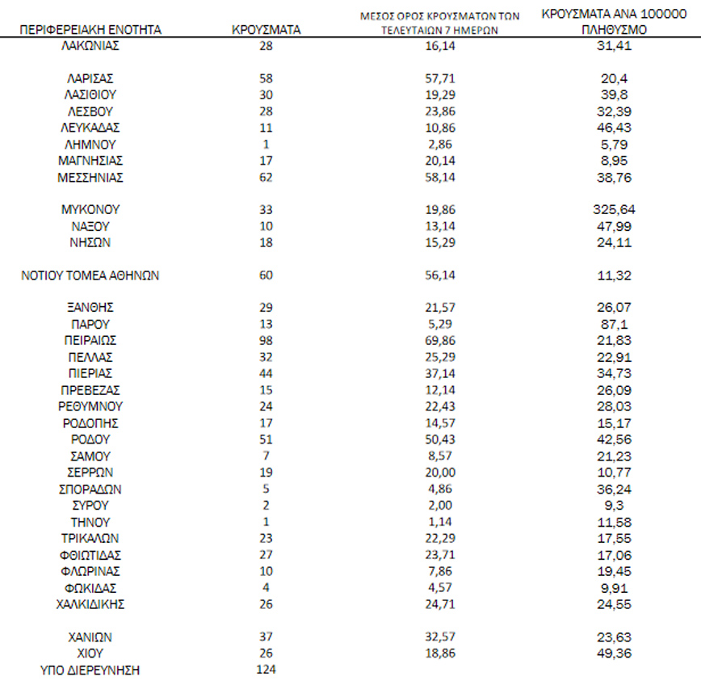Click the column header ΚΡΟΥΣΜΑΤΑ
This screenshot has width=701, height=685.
point(266,30)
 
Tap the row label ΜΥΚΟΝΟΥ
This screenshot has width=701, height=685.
point(90,209)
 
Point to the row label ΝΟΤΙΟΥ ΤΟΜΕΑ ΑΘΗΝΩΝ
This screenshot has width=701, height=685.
point(90,275)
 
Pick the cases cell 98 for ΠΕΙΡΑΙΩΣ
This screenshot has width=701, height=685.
point(266,340)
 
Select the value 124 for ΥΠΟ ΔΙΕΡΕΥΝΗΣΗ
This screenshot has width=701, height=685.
point(266,670)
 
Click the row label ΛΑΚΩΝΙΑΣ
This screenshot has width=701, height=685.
point(90,45)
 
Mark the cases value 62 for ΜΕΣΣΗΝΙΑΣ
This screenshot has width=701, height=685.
point(266,177)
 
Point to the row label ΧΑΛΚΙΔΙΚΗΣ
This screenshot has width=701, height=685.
point(90,603)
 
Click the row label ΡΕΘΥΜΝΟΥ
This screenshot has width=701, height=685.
point(90,406)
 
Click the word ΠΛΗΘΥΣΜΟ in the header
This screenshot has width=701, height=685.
point(610,30)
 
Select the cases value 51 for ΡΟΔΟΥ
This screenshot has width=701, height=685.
point(266,439)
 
